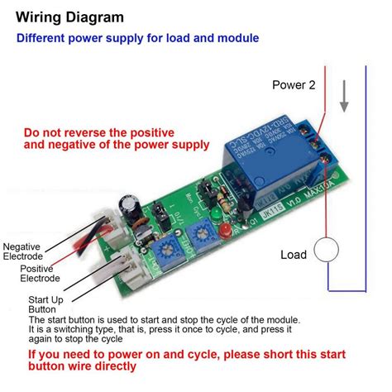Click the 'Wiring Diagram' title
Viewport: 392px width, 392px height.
coord(67,17)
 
